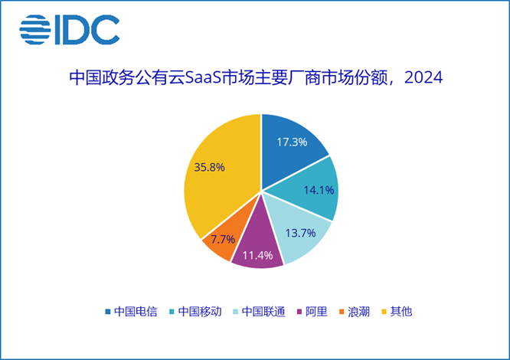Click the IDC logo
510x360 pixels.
tap(70, 31)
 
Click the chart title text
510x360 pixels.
tap(256, 79)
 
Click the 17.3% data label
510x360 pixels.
tap(292, 142)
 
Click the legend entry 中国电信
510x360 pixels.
tap(130, 312)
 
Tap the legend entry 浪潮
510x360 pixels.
tap(358, 312)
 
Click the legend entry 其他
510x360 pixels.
tap(400, 312)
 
